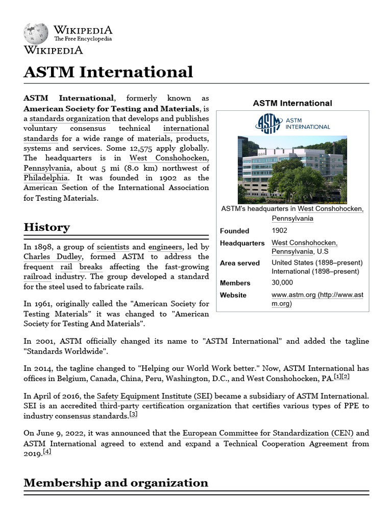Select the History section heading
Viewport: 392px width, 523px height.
(47, 227)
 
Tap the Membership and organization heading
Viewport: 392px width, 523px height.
(116, 483)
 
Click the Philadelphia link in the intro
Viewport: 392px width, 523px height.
(46, 178)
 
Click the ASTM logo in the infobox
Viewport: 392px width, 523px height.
(292, 123)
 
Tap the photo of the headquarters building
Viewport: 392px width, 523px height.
(292, 169)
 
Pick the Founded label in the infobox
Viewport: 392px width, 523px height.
(234, 231)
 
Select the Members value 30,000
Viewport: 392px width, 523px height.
(282, 283)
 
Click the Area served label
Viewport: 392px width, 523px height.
(239, 263)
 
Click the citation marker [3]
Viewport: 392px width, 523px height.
(133, 414)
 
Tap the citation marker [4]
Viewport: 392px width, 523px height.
(47, 452)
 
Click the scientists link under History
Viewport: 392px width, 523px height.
(113, 247)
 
